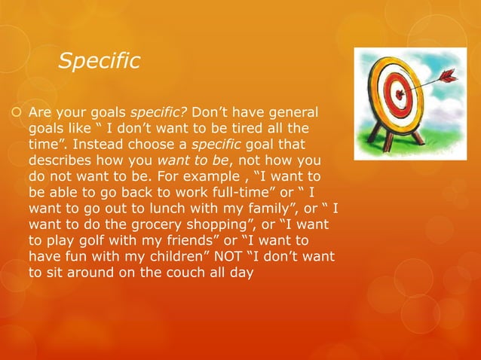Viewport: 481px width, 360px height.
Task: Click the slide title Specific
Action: pos(99,61)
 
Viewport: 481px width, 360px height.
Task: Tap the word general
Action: pos(295,112)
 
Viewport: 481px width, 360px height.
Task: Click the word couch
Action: pos(180,273)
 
